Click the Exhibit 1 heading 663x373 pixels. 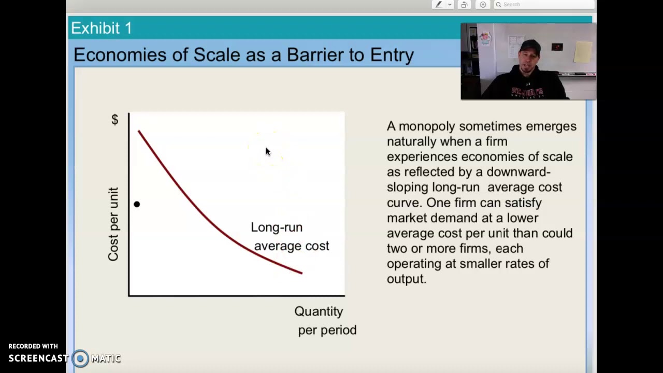pos(102,28)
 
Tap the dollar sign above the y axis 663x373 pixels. pos(115,120)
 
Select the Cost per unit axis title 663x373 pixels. pos(113,224)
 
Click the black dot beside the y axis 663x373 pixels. pos(137,204)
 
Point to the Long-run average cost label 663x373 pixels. pos(290,237)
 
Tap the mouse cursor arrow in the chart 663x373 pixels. pos(268,152)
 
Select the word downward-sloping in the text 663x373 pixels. pos(518,172)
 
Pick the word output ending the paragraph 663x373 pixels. pos(406,279)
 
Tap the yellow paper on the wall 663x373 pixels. pos(583,52)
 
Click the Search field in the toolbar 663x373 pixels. pos(544,5)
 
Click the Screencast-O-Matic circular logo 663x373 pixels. pos(80,358)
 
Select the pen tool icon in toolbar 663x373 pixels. pos(439,5)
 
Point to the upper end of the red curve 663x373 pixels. pos(139,132)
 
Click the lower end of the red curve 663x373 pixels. pos(301,272)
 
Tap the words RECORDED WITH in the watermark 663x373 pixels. pos(33,346)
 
